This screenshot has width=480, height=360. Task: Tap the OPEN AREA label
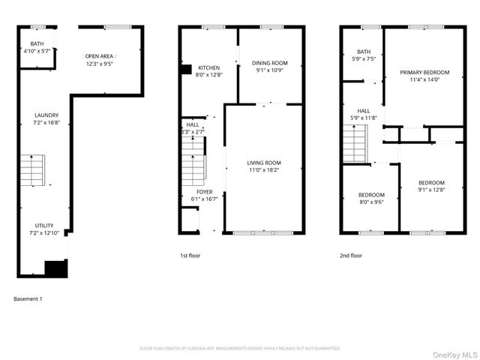point(100,56)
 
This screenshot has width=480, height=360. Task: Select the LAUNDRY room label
point(46,115)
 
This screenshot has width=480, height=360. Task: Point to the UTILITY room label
point(44,226)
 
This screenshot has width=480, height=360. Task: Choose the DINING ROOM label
point(270,63)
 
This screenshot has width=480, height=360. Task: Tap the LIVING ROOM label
point(264,163)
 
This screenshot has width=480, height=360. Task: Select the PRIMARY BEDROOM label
point(424,72)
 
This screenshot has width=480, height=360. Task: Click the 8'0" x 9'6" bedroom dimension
point(371,201)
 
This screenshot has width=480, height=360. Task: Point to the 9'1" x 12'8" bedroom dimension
point(431,190)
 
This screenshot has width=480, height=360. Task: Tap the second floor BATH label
point(364,51)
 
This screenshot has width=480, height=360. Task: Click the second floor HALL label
point(364,110)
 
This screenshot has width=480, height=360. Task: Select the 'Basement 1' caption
point(28,299)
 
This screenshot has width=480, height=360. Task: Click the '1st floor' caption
point(190,256)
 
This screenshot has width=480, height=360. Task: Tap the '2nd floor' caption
point(351,256)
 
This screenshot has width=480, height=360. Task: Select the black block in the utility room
point(55,268)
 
